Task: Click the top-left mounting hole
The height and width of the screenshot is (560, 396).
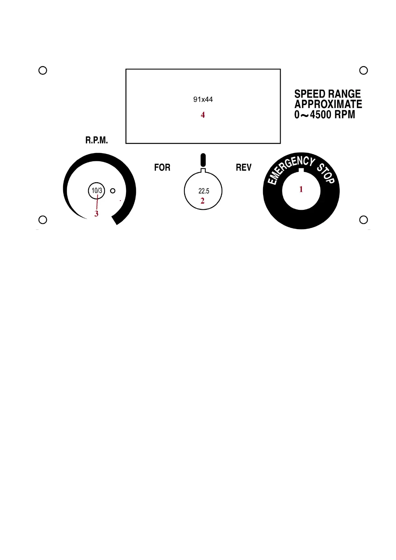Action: (x=43, y=70)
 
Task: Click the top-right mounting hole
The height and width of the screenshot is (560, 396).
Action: (x=363, y=70)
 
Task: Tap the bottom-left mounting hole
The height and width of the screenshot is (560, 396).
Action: (x=43, y=220)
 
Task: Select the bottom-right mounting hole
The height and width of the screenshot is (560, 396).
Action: (x=363, y=220)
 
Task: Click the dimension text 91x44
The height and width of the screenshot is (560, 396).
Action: (x=203, y=99)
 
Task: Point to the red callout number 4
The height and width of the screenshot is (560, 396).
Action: (x=202, y=115)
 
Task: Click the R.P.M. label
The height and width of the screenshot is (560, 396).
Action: (x=96, y=141)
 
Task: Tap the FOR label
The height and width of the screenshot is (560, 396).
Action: (x=162, y=168)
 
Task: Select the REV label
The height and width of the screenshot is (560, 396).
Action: (x=243, y=168)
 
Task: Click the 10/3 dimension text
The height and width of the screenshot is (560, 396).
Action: (x=97, y=191)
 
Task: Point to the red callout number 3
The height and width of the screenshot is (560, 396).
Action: (x=96, y=214)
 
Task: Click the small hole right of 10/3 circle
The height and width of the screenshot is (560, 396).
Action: (x=113, y=191)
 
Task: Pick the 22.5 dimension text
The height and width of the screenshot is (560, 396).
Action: (x=203, y=191)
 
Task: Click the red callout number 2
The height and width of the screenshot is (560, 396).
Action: (x=202, y=201)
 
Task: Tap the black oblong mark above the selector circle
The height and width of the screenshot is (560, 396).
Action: (x=203, y=160)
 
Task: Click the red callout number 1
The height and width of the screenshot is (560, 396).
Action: (x=301, y=190)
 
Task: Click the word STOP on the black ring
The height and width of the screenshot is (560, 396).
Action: (x=326, y=173)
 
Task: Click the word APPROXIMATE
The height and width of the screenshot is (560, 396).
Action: (x=328, y=104)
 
